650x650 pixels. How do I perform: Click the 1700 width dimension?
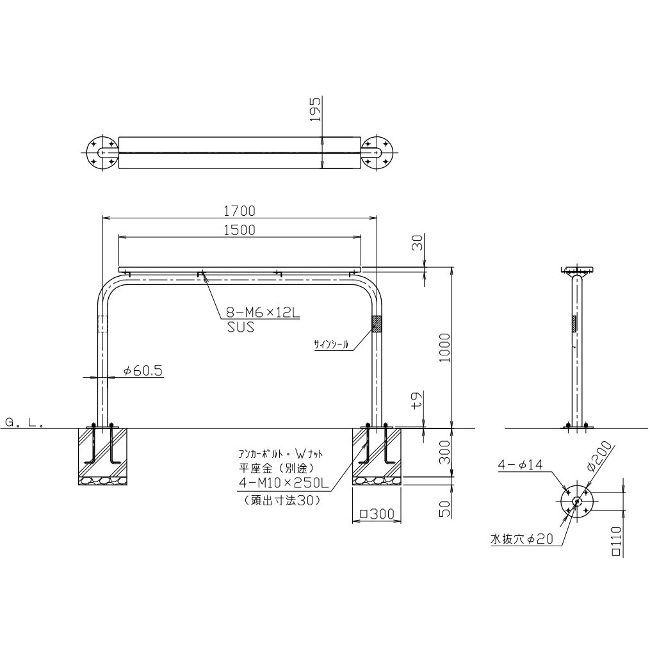[x=240, y=211]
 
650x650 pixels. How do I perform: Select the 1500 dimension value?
[x=240, y=230]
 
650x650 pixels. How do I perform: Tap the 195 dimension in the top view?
[x=316, y=109]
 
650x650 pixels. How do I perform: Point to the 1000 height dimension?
[x=444, y=347]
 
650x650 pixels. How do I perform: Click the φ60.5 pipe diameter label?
[x=143, y=371]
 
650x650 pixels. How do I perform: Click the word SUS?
[x=240, y=327]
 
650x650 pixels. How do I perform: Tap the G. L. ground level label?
[x=24, y=423]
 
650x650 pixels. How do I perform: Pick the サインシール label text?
[x=331, y=344]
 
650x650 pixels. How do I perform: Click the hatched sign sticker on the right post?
[x=377, y=324]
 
